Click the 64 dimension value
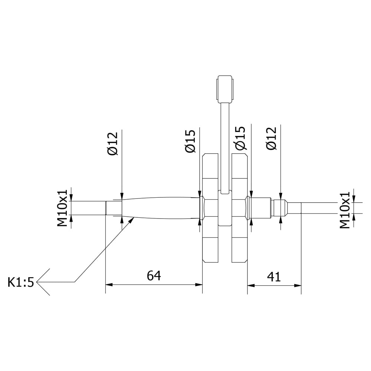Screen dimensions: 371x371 click(154, 276)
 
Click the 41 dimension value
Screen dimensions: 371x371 click(274, 277)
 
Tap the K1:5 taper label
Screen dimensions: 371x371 click(21, 283)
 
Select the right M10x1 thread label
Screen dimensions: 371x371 click(345, 210)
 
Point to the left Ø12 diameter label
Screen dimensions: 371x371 click(112, 144)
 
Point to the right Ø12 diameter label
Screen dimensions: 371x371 click(271, 138)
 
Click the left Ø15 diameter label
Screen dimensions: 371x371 click(190, 141)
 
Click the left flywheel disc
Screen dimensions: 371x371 click(210, 208)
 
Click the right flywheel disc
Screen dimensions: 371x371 click(239, 208)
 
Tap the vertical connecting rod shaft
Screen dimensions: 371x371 click(225, 145)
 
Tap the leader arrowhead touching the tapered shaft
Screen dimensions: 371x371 click(131, 220)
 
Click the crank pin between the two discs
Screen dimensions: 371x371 click(225, 209)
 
